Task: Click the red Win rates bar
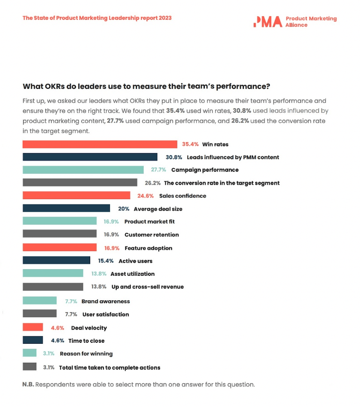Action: pyautogui.click(x=100, y=144)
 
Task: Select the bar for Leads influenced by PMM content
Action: pyautogui.click(x=90, y=157)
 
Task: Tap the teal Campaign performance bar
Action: pyautogui.click(x=83, y=170)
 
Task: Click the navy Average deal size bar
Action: pyautogui.click(x=66, y=209)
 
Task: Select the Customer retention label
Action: pyautogui.click(x=152, y=235)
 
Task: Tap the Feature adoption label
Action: pyautogui.click(x=148, y=248)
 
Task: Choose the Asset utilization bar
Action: pyautogui.click(x=53, y=273)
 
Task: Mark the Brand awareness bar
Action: pyautogui.click(x=40, y=301)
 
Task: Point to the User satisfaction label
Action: pyautogui.click(x=105, y=314)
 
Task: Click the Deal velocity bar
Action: pyautogui.click(x=33, y=327)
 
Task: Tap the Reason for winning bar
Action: pyautogui.click(x=29, y=353)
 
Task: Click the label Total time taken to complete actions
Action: pyautogui.click(x=110, y=367)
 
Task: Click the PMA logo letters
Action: pyautogui.click(x=267, y=21)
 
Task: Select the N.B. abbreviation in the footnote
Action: pyautogui.click(x=28, y=384)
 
